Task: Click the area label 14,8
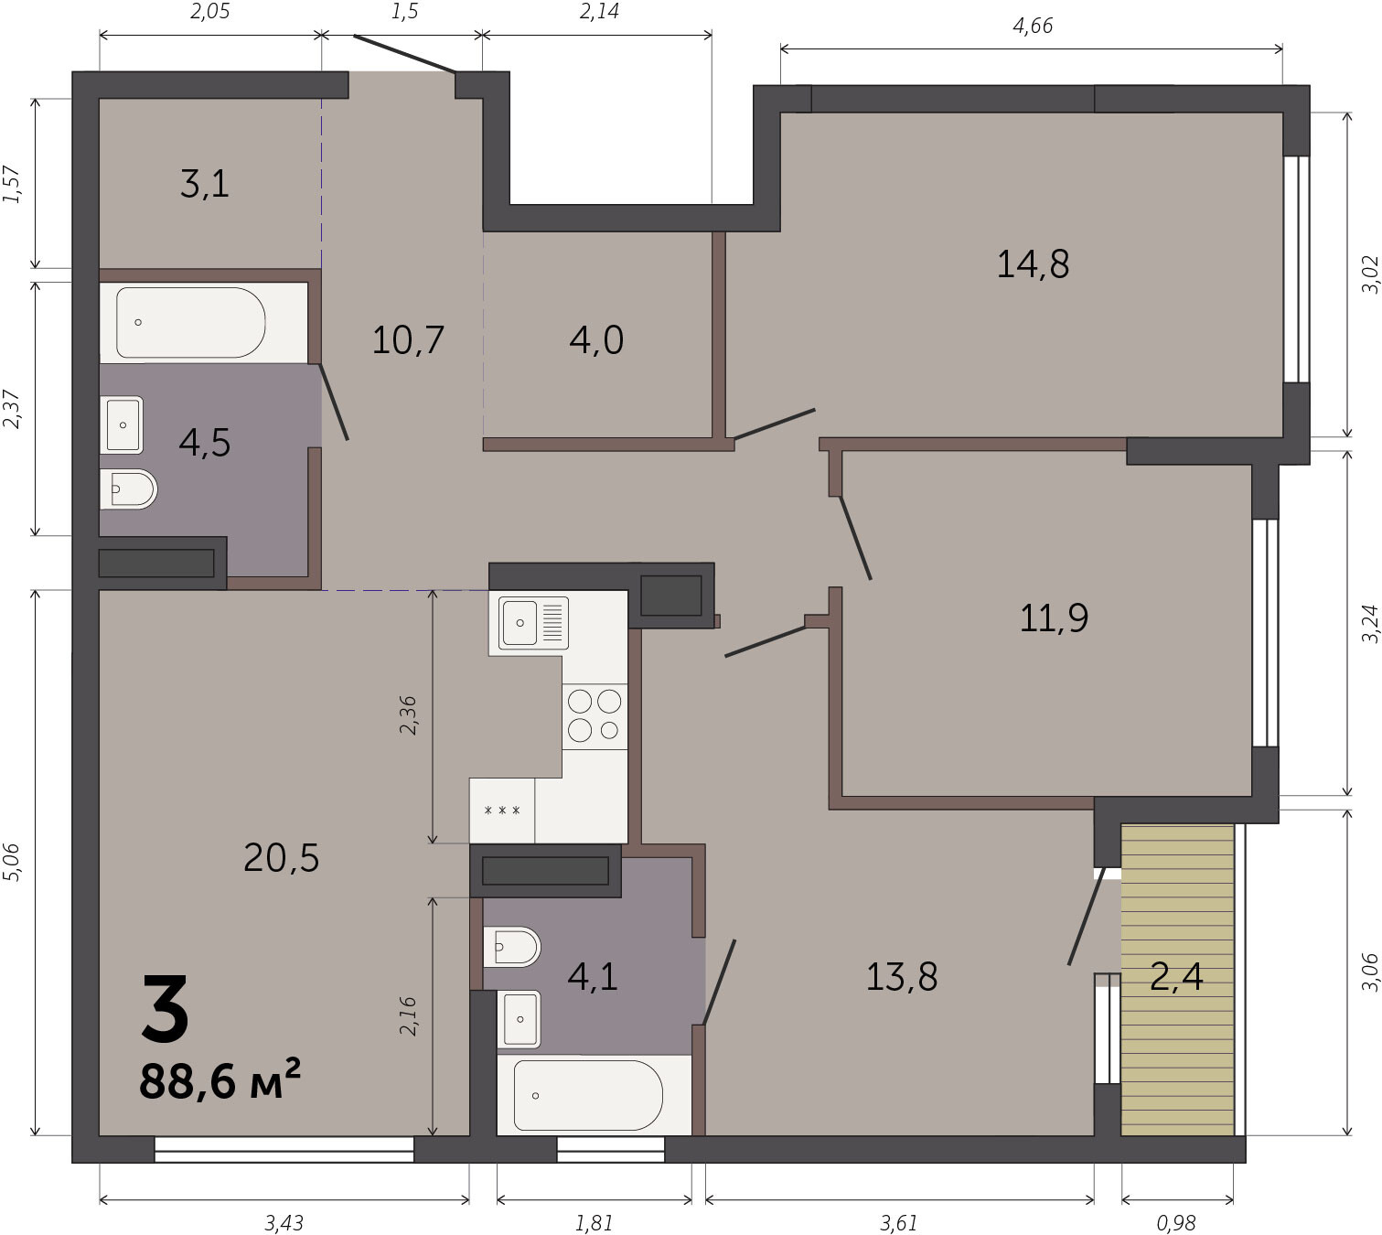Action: click(x=1033, y=264)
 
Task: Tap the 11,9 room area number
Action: click(x=1054, y=618)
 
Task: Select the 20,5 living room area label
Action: click(x=281, y=858)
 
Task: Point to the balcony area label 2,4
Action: click(x=1177, y=977)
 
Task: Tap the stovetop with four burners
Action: click(x=595, y=715)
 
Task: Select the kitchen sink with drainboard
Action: click(x=533, y=622)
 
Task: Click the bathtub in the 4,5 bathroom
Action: click(x=191, y=322)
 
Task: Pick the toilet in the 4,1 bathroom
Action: click(x=511, y=947)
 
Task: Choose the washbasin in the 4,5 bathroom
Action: click(x=122, y=425)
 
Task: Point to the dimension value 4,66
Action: click(x=1033, y=26)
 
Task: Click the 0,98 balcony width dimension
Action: click(x=1177, y=1223)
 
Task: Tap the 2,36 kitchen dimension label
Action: click(x=408, y=715)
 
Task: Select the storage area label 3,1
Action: click(x=205, y=184)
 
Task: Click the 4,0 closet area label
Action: click(x=596, y=339)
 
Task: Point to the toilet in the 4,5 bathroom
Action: click(x=128, y=489)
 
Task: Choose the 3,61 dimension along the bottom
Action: click(x=898, y=1223)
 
